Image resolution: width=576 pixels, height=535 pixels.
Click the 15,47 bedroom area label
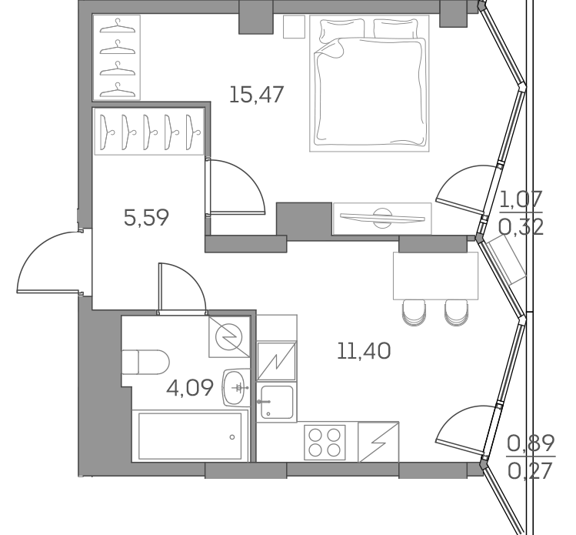[257, 95]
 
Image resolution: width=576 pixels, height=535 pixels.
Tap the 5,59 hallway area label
[146, 218]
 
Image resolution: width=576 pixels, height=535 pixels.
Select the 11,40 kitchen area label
[364, 352]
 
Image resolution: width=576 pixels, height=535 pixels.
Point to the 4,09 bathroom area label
[189, 387]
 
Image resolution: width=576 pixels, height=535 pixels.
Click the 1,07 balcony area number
[521, 201]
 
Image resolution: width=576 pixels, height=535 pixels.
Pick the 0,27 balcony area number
[531, 470]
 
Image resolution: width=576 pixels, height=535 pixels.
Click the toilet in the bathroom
[145, 363]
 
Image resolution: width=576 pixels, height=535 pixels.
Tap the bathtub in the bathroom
[190, 435]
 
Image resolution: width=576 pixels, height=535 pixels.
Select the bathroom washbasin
[235, 386]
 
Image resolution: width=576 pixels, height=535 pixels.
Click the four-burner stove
[325, 443]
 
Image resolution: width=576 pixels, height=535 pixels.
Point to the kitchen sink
[275, 400]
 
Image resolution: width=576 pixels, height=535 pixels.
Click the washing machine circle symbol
[228, 336]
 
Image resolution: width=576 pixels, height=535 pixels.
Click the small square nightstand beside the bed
[294, 28]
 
